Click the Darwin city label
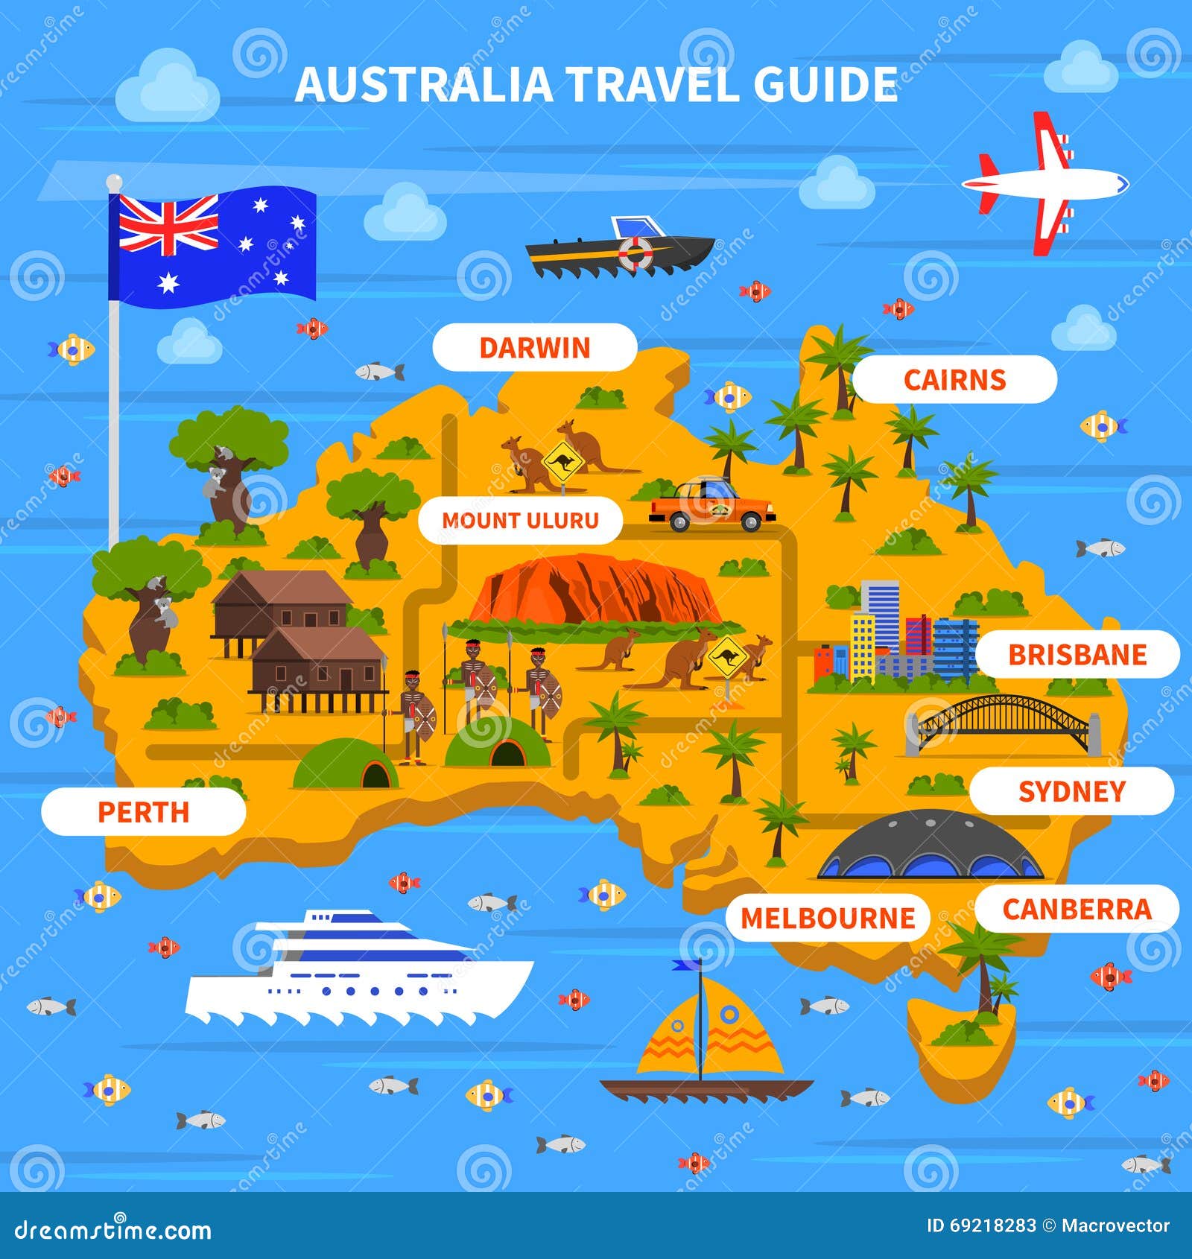click(x=534, y=348)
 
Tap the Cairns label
click(x=954, y=380)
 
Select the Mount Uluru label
click(x=520, y=520)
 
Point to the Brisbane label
click(x=1077, y=655)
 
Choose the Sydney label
click(x=1071, y=791)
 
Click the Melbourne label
click(x=827, y=918)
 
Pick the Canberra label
click(x=1077, y=909)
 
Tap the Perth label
click(x=143, y=812)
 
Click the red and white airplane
click(x=1043, y=183)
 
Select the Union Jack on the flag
click(x=168, y=223)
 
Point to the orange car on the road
click(x=711, y=507)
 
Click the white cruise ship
click(x=358, y=968)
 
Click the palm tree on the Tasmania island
click(x=983, y=968)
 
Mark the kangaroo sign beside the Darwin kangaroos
click(x=562, y=462)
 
